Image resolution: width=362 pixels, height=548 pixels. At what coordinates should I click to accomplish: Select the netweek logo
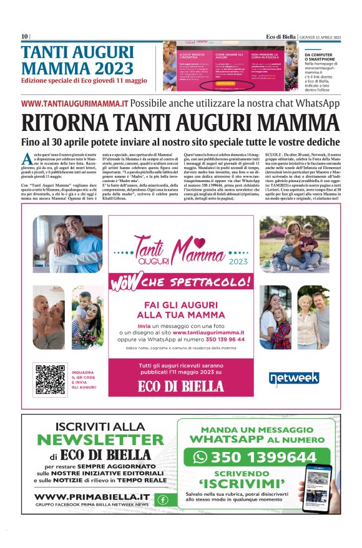point(294,378)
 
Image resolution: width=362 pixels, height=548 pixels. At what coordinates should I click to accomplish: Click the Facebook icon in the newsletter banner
point(162,499)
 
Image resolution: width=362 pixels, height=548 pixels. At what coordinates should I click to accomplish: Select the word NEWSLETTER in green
point(100,440)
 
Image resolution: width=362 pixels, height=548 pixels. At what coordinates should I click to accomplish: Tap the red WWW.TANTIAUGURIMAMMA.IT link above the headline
point(75,103)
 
